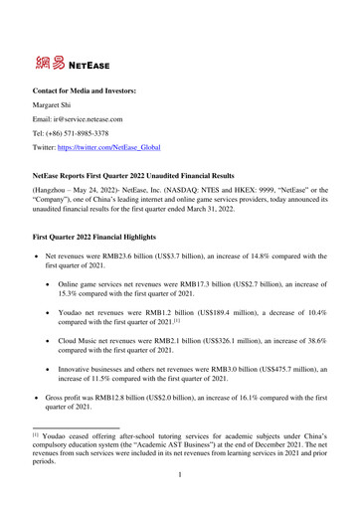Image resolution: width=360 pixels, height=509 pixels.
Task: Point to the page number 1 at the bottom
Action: pos(179,490)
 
